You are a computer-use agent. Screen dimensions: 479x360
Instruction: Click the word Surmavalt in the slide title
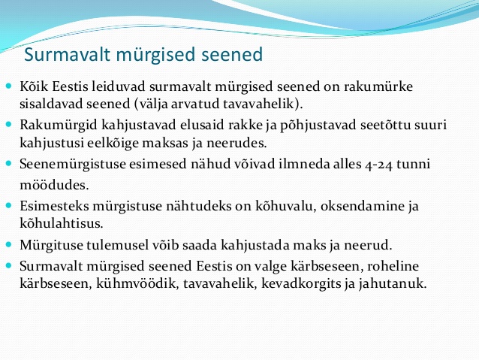[x=67, y=54]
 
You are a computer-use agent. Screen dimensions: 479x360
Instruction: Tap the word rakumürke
[x=378, y=86]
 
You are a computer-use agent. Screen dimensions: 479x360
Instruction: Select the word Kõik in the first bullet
[x=34, y=86]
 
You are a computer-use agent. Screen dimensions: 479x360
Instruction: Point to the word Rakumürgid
[x=59, y=126]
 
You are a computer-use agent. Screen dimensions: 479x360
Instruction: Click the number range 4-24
[x=378, y=165]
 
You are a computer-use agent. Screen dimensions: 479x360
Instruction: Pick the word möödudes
[x=54, y=185]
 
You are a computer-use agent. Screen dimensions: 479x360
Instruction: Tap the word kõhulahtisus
[x=62, y=223]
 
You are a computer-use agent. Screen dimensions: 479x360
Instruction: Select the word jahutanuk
[x=392, y=283]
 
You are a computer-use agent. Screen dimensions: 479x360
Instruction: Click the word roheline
[x=393, y=266]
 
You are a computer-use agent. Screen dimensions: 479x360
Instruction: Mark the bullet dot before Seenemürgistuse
[x=9, y=163]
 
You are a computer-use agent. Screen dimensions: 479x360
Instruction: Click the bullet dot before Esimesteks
[x=9, y=205]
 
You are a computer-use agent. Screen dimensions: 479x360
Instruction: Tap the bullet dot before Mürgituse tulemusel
[x=9, y=244]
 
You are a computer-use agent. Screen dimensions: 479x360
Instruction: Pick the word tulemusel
[x=116, y=245]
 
